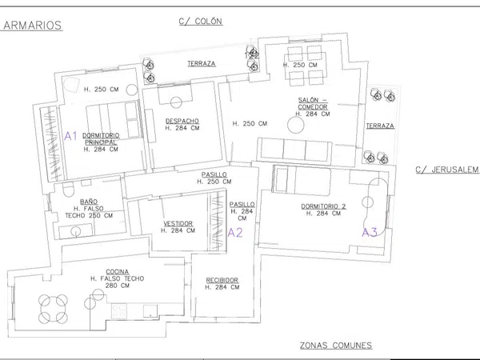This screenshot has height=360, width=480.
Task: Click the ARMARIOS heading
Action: pos(32,26)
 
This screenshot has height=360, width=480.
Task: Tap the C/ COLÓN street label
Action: pos(201,22)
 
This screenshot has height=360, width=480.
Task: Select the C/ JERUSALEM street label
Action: pos(447,170)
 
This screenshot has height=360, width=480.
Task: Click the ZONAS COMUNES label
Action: pos(336,346)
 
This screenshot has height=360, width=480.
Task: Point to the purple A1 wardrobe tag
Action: pos(70,136)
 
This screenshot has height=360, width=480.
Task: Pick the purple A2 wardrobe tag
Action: pos(235,233)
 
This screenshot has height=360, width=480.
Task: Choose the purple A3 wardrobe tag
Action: pos(370,233)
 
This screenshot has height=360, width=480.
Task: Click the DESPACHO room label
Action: pos(182,122)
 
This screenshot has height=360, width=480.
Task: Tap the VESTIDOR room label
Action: pos(178,224)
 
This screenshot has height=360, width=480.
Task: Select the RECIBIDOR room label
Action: pos(222,281)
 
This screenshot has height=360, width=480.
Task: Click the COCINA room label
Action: pos(118,272)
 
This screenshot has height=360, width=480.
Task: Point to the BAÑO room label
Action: pos(89,202)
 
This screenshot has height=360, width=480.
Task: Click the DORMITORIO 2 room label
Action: pos(323,206)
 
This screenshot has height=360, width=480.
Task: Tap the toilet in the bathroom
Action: pos(68,189)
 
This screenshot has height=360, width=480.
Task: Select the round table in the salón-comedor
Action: pos(296,125)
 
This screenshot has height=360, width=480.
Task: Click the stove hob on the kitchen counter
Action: pos(118,311)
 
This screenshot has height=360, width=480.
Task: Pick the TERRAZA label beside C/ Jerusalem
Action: pos(380,126)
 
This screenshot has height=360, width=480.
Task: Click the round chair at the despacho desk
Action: pos(176,102)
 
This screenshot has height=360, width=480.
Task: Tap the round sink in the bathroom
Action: pos(76,231)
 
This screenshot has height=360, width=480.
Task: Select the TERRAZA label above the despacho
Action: pos(202,64)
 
